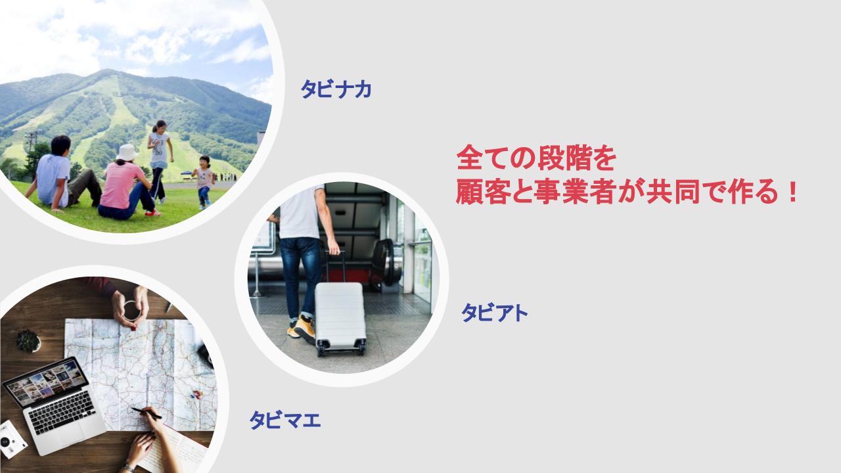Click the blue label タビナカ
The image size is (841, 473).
pyautogui.click(x=336, y=89)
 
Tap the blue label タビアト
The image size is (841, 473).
pyautogui.click(x=495, y=313)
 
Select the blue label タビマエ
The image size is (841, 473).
pyautogui.click(x=285, y=420)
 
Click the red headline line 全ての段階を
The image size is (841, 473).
pyautogui.click(x=536, y=158)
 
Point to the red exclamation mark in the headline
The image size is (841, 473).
pyautogui.click(x=793, y=191)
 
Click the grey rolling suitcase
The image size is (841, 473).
pyautogui.click(x=340, y=319)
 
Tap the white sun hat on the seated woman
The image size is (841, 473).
pyautogui.click(x=127, y=152)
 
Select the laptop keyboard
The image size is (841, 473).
pyautogui.click(x=62, y=412)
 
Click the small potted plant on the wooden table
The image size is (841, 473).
pyautogui.click(x=28, y=341)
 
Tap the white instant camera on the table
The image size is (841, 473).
pyautogui.click(x=11, y=439)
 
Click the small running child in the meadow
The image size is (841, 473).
pyautogui.click(x=204, y=182)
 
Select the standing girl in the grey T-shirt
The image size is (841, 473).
pyautogui.click(x=160, y=162)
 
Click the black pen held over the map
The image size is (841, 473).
pyautogui.click(x=147, y=413)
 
